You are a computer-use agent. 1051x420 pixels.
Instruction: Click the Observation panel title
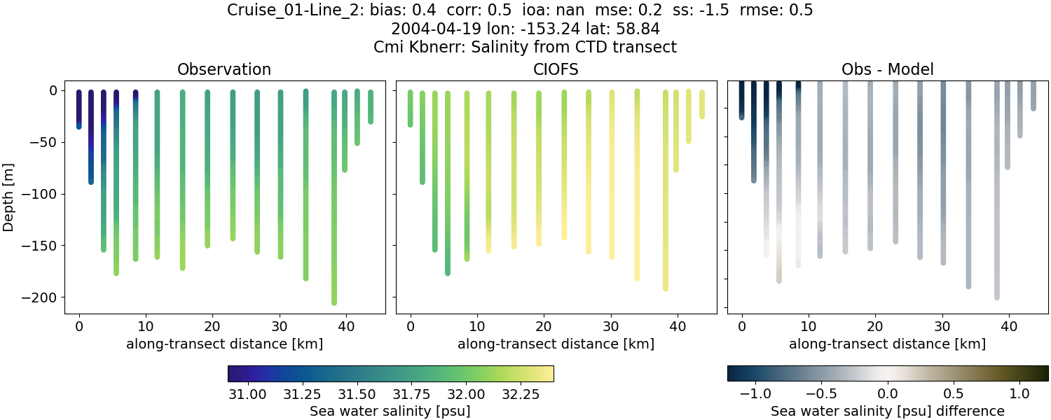point(224,69)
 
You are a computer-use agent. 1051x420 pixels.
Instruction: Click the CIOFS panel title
point(556,69)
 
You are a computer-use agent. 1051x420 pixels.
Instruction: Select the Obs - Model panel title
point(887,69)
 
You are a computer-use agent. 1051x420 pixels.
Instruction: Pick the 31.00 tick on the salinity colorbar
point(247,393)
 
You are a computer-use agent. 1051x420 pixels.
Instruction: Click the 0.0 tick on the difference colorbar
point(888,393)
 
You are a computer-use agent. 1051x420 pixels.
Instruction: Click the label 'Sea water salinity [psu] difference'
point(887,411)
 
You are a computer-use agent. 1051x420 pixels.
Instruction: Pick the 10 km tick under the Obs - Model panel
point(809,327)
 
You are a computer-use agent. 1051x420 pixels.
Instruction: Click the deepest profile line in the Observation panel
point(334,210)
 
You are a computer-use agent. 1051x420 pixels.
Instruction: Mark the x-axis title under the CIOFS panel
point(556,344)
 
